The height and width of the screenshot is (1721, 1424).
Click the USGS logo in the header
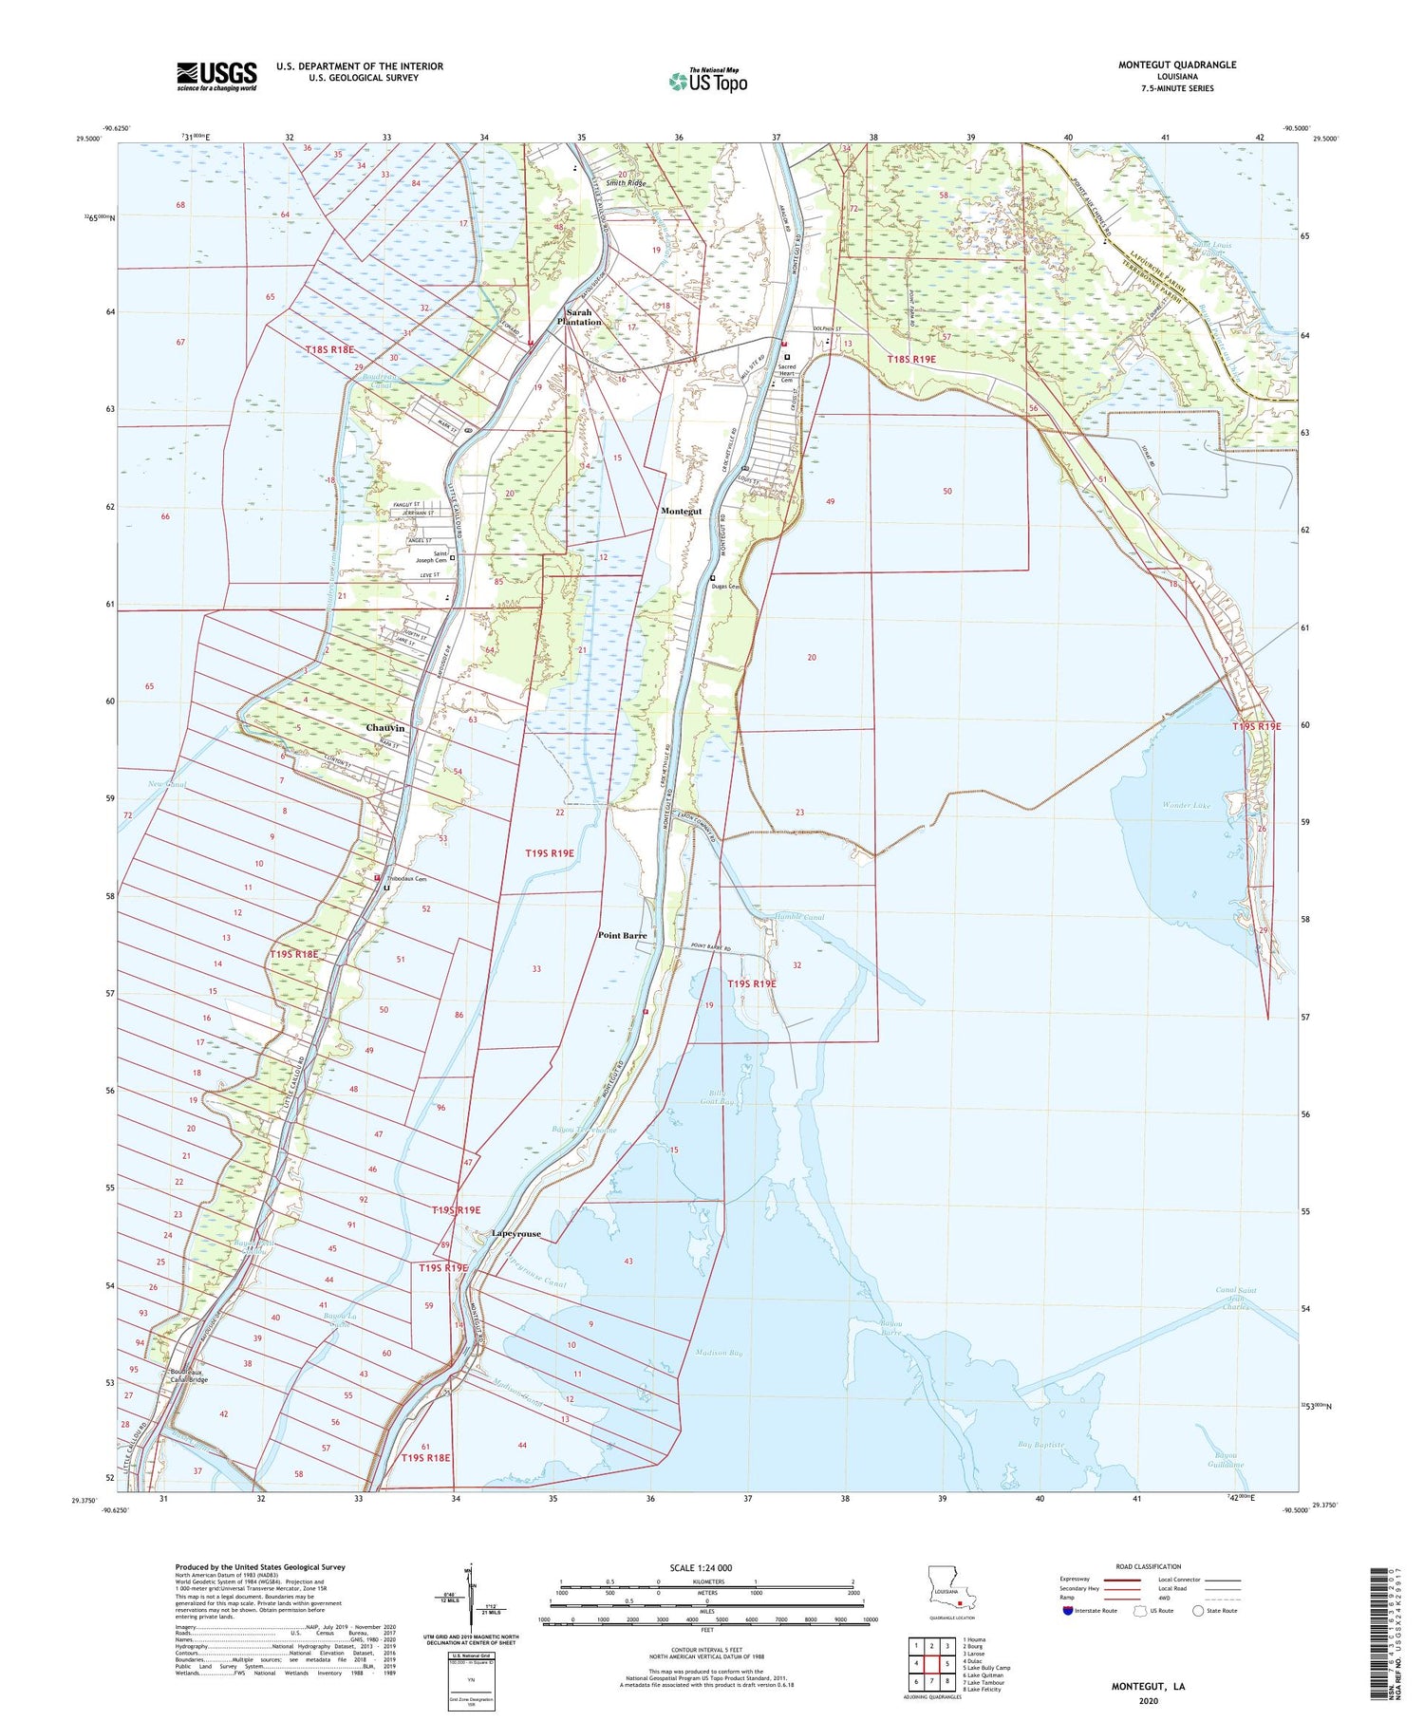click(x=216, y=76)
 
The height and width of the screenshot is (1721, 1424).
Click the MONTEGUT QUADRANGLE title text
click(x=1176, y=65)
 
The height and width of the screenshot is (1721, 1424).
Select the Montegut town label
click(x=681, y=512)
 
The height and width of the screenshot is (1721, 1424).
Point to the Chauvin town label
click(x=385, y=728)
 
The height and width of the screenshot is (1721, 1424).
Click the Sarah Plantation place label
click(x=579, y=317)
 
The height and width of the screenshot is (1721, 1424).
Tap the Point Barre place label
click(x=622, y=935)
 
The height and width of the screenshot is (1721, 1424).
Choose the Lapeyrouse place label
click(x=516, y=1234)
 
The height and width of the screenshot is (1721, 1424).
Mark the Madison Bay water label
click(x=718, y=1353)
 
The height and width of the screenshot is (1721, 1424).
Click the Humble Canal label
click(x=799, y=918)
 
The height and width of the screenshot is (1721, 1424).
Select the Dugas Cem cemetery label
click(x=726, y=586)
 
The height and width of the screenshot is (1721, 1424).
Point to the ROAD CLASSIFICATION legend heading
click(x=1149, y=1566)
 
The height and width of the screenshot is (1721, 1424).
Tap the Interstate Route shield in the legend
click(x=1068, y=1610)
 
